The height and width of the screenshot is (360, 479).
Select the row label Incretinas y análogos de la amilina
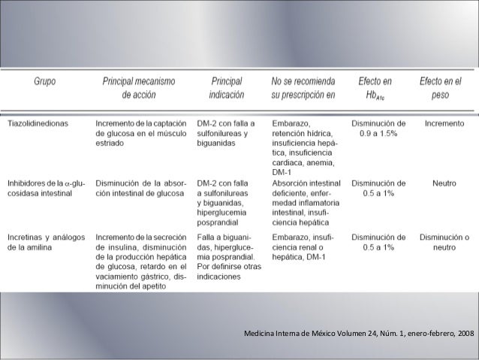(47, 243)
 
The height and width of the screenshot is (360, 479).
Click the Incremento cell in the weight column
(444, 122)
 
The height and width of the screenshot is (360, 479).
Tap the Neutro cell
(444, 183)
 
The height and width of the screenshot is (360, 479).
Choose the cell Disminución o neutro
(444, 243)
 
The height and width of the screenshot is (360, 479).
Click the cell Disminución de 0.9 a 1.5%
(378, 127)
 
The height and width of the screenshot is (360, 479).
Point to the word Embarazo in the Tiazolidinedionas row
(292, 122)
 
